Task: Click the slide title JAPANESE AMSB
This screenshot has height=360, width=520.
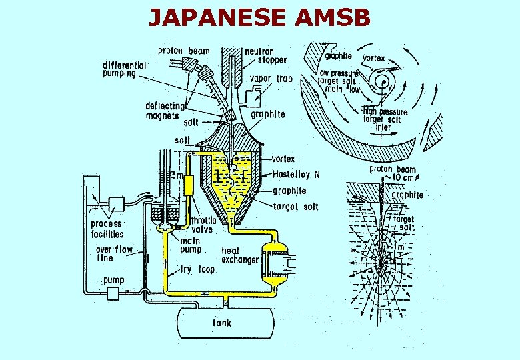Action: [259, 17]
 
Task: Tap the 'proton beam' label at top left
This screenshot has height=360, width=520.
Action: [184, 51]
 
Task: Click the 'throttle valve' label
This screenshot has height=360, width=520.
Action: [203, 225]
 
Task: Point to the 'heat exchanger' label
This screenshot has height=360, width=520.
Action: [240, 255]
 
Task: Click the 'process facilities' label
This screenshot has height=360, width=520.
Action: [107, 229]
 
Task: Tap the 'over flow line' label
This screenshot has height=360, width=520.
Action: [114, 253]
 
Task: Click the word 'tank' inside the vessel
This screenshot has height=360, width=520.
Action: [222, 323]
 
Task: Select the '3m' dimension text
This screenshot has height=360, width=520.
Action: [177, 176]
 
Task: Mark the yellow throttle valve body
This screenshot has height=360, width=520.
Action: [189, 185]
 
